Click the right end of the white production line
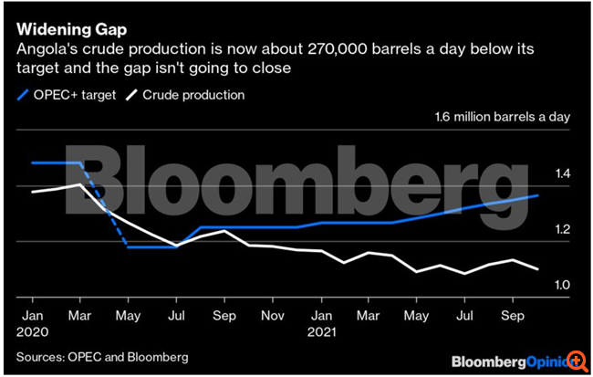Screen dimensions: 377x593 (538, 269)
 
